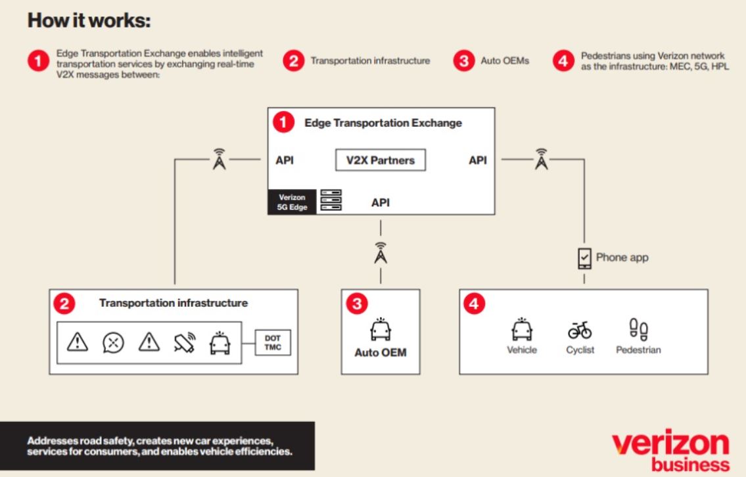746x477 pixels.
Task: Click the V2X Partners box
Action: point(381,160)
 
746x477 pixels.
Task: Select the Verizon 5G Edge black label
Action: point(292,202)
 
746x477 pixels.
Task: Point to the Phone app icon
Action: point(584,258)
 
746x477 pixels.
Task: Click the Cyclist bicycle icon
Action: point(580,329)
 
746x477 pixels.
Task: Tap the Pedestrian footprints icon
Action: point(638,329)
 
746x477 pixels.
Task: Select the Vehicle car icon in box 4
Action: point(522,329)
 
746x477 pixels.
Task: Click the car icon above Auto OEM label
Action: point(381,330)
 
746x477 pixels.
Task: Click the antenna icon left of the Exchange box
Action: point(220,160)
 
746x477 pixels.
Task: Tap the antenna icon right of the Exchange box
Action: point(541,160)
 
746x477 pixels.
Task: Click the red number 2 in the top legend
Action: point(294,62)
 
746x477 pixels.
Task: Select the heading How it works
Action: point(89,21)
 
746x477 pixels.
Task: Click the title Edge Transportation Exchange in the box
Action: point(383,123)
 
